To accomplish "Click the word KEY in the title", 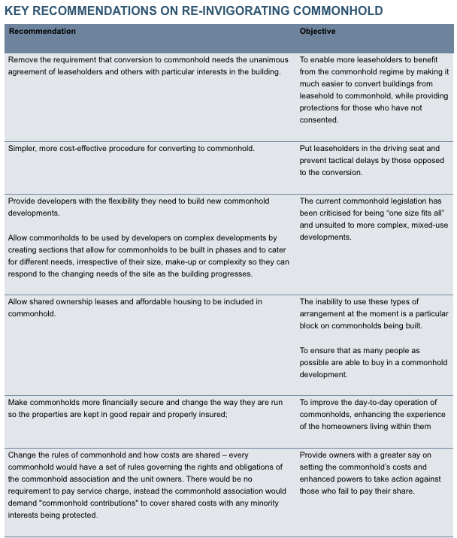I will [x=20, y=11].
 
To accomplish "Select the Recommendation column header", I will [x=42, y=32].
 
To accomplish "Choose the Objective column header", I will [x=317, y=32].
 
